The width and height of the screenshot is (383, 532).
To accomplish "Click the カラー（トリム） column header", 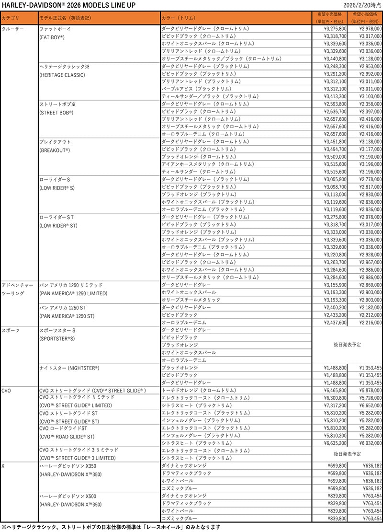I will (179, 18).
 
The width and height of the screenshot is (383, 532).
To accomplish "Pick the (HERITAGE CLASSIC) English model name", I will (62, 75).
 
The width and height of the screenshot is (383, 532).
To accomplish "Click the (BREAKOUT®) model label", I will (55, 150).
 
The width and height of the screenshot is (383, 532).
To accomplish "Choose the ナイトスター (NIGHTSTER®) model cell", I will (69, 368).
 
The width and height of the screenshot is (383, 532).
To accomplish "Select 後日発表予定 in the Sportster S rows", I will (347, 345).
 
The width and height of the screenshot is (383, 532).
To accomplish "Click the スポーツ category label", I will (10, 330).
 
